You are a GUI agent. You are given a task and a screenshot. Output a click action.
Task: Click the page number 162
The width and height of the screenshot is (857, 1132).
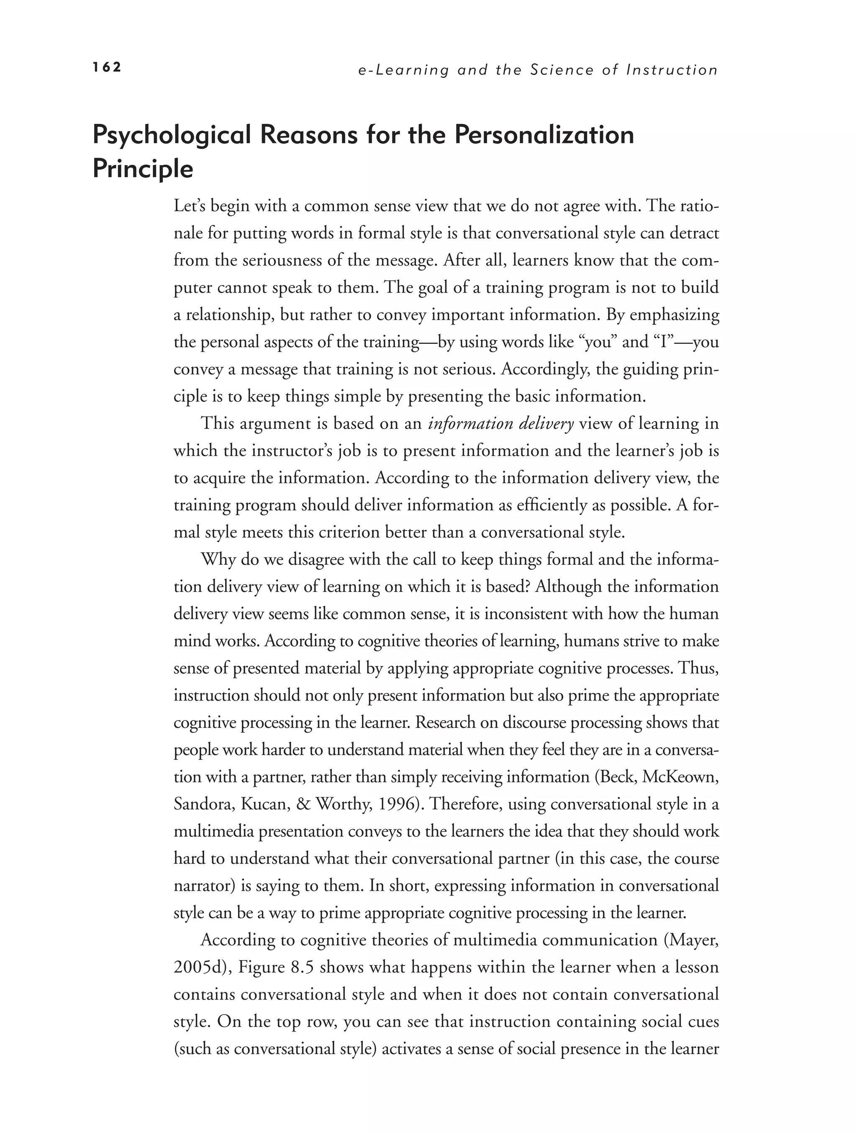point(107,67)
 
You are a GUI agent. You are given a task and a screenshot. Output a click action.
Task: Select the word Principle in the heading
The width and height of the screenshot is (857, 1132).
point(143,169)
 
